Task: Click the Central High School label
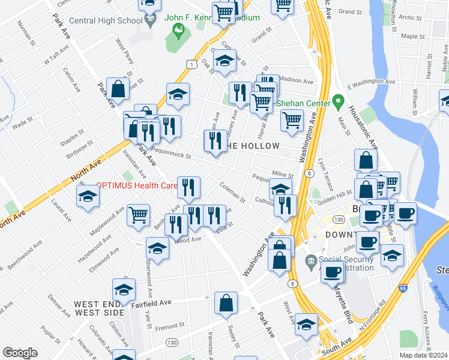click(x=106, y=20)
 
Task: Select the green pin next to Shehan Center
click(x=339, y=101)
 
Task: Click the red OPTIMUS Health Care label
click(x=136, y=186)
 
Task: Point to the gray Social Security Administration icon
click(x=310, y=260)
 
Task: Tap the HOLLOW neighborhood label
click(x=253, y=146)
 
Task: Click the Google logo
click(x=20, y=352)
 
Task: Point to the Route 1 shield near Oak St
click(x=190, y=63)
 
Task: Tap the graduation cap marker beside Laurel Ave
click(x=88, y=196)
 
